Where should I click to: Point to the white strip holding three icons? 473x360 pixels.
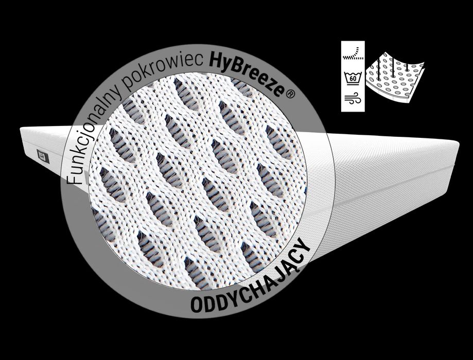[353, 76]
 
